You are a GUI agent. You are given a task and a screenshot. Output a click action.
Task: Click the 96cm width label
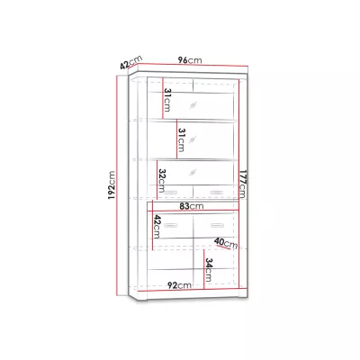pos(190,60)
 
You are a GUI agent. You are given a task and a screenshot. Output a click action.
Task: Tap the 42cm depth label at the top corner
pos(130,62)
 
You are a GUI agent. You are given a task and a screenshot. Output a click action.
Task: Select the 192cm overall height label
pos(112,185)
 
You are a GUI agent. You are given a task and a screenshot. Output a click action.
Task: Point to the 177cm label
pos(242,184)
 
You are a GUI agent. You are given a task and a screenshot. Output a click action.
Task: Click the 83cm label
pos(192,206)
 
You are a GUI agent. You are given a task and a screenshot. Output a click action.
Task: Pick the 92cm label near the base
pos(179,285)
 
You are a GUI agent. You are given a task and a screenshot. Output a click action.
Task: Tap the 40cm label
pos(226,243)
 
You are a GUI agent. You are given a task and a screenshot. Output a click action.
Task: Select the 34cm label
pos(208,270)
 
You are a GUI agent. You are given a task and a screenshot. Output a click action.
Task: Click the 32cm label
pos(162,181)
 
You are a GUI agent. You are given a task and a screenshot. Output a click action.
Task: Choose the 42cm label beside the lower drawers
pos(157,227)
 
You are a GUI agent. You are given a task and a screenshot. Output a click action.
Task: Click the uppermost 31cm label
pos(166,100)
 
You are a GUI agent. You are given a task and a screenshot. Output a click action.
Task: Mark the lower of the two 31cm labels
pos(181,139)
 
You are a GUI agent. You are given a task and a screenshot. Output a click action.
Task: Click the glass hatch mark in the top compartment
pos(193,105)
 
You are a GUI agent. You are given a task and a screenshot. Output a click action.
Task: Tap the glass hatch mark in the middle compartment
pos(193,139)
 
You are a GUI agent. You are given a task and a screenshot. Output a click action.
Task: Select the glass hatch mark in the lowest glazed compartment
pos(193,172)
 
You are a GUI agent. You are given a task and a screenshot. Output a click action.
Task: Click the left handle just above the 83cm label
pos(170,193)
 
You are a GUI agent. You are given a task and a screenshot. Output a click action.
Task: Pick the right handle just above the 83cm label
pos(217,193)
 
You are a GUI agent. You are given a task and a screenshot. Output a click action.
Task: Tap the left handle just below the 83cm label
pos(170,225)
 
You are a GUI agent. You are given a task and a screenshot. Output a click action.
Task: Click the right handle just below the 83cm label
pos(217,225)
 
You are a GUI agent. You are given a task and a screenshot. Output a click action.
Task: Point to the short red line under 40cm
pos(222,247)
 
